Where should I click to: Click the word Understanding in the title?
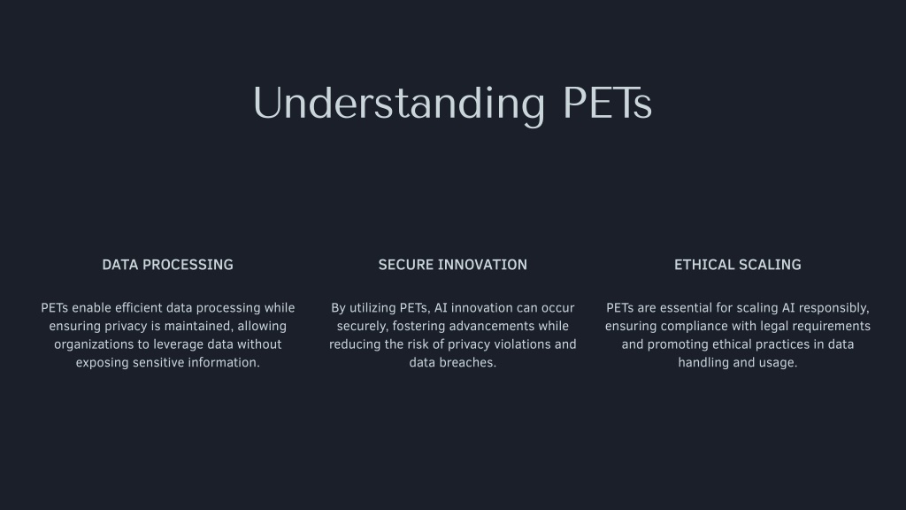[399, 104]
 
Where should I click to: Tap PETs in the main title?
[607, 104]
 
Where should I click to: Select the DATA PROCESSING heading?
[167, 265]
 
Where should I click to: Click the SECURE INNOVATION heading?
[452, 265]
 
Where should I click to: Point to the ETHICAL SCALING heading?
[737, 265]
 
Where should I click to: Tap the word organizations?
[94, 345]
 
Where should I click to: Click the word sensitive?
[150, 362]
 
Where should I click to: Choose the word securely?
[362, 327]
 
